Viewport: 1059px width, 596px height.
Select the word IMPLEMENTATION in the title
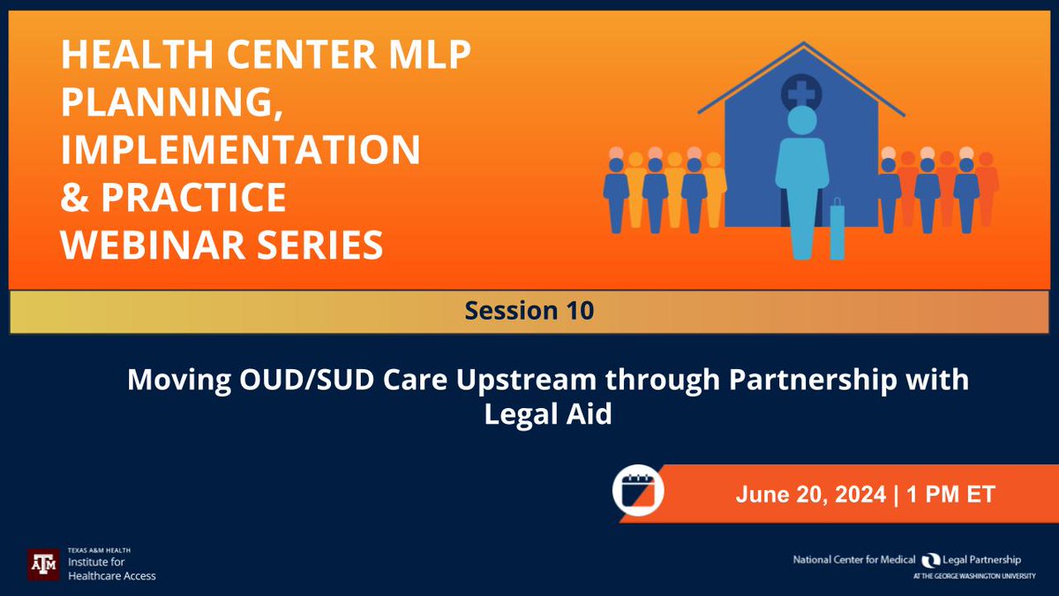point(240,150)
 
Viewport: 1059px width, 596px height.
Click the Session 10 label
point(529,311)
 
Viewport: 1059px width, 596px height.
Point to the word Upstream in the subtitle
point(510,381)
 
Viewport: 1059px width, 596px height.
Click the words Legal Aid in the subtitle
point(547,413)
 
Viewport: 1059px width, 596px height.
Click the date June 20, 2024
point(810,494)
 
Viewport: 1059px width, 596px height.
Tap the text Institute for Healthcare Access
point(111,570)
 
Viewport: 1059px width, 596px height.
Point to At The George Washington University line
point(966,576)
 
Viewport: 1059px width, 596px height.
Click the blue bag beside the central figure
point(837,231)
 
